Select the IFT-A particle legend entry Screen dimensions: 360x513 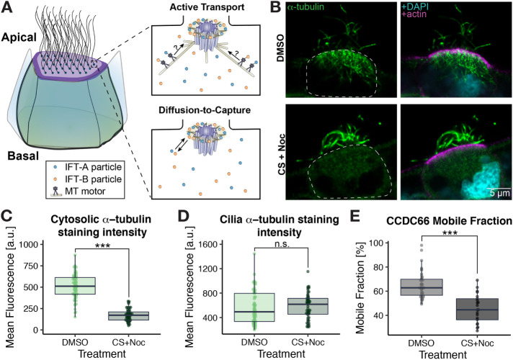(x=86, y=156)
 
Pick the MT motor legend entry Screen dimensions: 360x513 (x=86, y=183)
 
